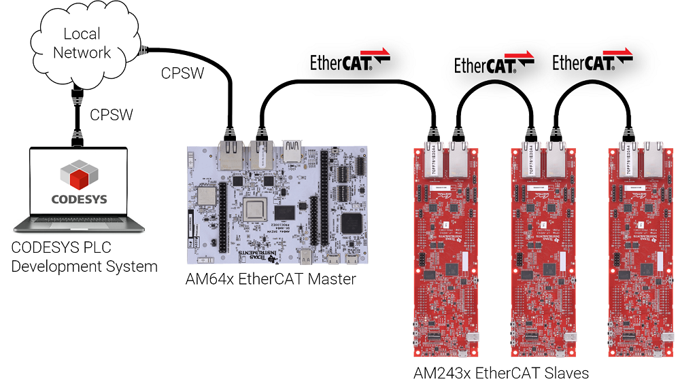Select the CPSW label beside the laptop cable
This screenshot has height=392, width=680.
point(112,115)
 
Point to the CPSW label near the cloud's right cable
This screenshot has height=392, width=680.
point(182,73)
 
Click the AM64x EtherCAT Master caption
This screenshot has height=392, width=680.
point(271,279)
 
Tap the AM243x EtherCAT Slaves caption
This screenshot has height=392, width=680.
point(501,373)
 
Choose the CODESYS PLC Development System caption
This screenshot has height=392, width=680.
point(84,257)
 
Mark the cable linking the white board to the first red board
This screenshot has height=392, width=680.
point(347,82)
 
